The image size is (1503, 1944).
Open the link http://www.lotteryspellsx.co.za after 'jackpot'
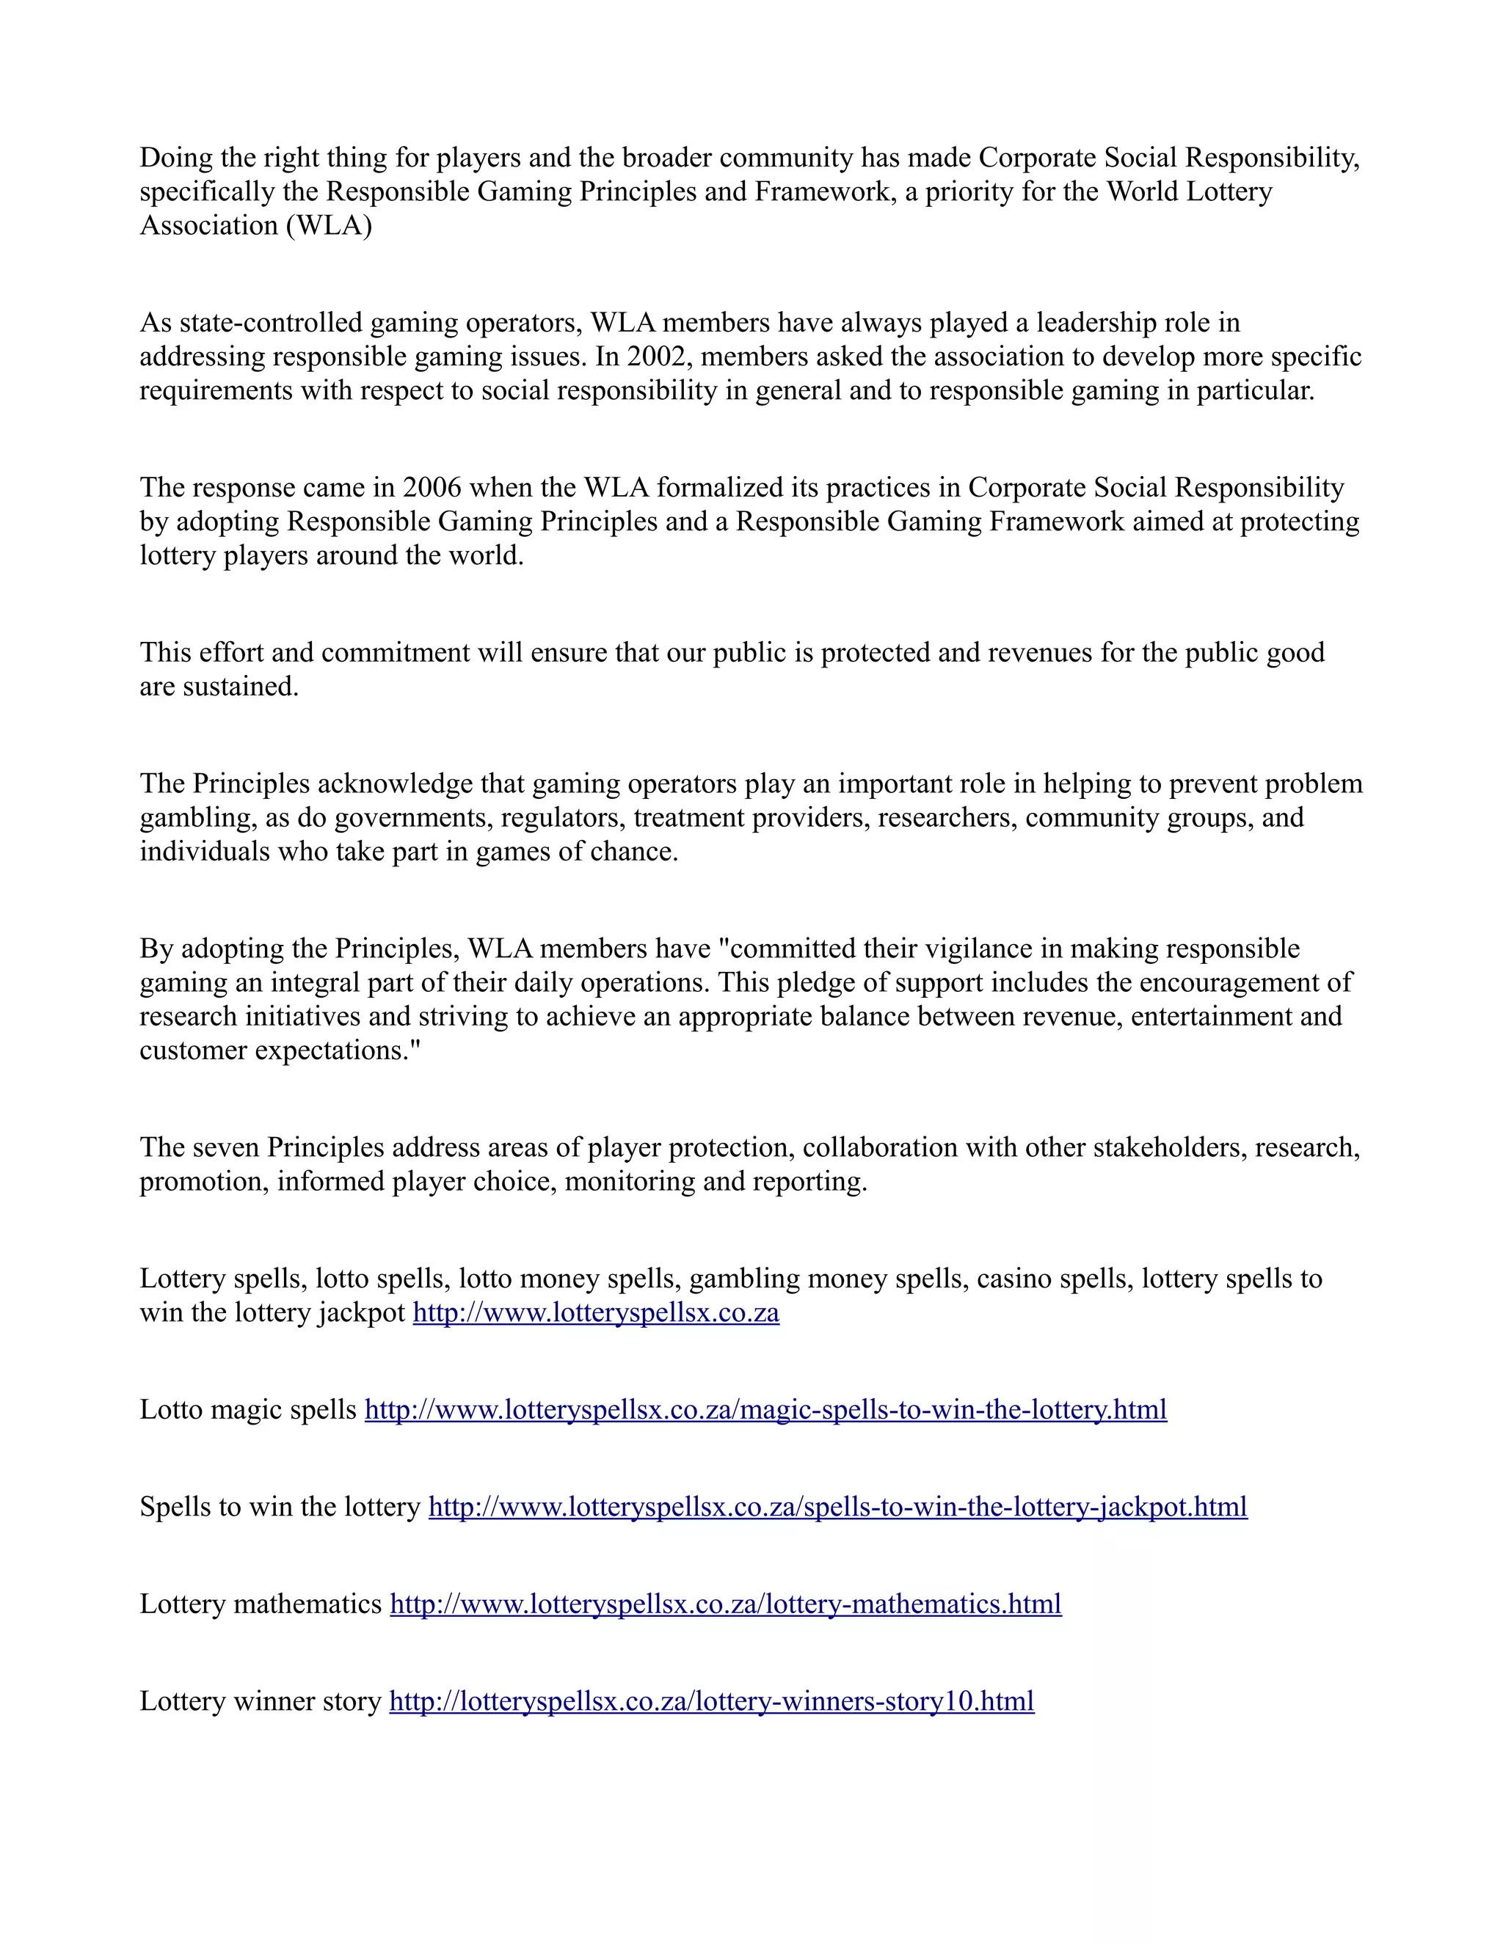click(x=596, y=1313)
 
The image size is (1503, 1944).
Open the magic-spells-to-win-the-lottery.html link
click(x=765, y=1410)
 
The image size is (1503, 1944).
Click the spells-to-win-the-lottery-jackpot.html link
click(x=837, y=1507)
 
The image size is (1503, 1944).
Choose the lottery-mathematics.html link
click(x=725, y=1604)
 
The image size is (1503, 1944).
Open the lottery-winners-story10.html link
click(x=711, y=1701)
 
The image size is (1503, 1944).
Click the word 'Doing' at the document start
click(x=175, y=158)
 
